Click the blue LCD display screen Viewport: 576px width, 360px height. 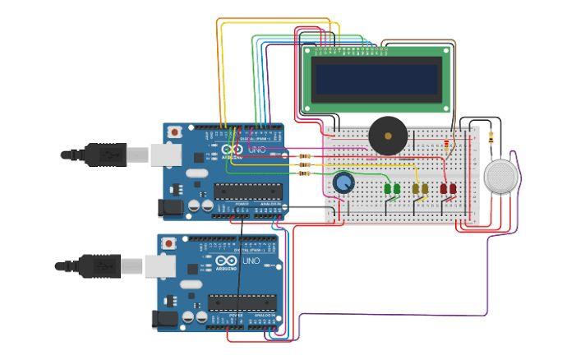pyautogui.click(x=377, y=79)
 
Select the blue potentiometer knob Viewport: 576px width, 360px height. pyautogui.click(x=343, y=181)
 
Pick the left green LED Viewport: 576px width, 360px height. pyautogui.click(x=388, y=190)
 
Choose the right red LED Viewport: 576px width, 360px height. pyautogui.click(x=452, y=189)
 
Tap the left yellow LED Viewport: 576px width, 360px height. pyautogui.click(x=416, y=190)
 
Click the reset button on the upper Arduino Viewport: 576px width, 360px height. pyautogui.click(x=174, y=132)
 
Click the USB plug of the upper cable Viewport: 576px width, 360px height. pyautogui.click(x=103, y=155)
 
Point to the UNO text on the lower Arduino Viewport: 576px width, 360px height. pyautogui.click(x=251, y=261)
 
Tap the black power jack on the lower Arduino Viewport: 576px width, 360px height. pyautogui.click(x=167, y=319)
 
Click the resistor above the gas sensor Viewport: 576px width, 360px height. pyautogui.click(x=491, y=136)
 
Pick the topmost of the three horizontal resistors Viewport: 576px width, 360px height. pyautogui.click(x=306, y=155)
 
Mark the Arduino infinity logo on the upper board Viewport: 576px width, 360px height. pyautogui.click(x=228, y=151)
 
